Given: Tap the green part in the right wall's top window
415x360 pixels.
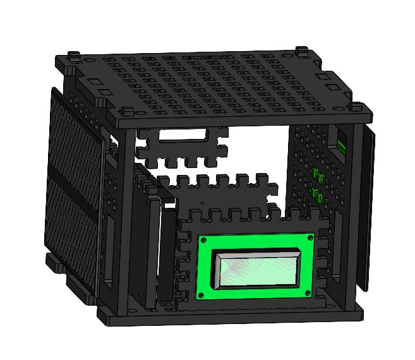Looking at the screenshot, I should click(341, 146).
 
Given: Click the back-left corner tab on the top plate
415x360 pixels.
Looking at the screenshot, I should click(75, 56).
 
